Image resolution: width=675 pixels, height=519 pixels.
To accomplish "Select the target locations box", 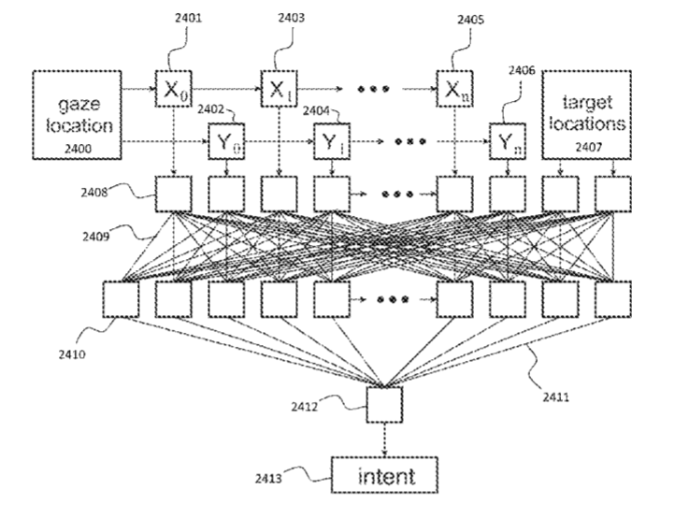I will coord(586,113).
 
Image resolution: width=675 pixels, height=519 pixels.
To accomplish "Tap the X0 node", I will coord(173,90).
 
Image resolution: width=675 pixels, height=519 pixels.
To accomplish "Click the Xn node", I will coord(454,90).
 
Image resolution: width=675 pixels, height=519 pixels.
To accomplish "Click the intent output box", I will coord(386,477).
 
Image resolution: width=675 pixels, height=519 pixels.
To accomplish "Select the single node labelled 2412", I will coord(385,405).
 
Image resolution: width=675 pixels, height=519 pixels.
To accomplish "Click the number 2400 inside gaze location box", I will coord(79,147).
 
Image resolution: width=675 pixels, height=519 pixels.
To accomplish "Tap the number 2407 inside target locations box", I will coord(587,147).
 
